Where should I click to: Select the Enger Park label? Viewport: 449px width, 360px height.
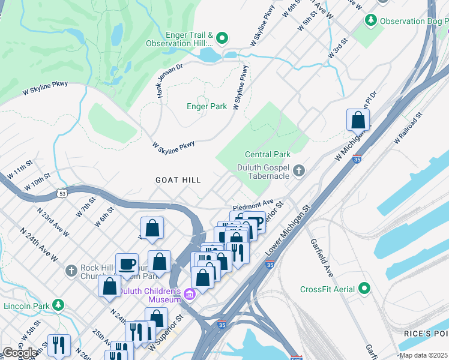pyautogui.click(x=207, y=106)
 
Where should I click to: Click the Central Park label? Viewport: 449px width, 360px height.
pyautogui.click(x=268, y=154)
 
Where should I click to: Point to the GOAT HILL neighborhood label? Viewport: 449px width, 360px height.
pyautogui.click(x=178, y=180)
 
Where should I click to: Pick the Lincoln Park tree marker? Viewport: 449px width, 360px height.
pyautogui.click(x=58, y=305)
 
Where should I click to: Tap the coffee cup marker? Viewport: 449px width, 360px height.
pyautogui.click(x=127, y=264)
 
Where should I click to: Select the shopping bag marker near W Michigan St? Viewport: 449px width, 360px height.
pyautogui.click(x=358, y=120)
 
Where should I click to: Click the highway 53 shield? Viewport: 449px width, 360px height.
pyautogui.click(x=62, y=193)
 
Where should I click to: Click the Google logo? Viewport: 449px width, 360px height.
pyautogui.click(x=19, y=352)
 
